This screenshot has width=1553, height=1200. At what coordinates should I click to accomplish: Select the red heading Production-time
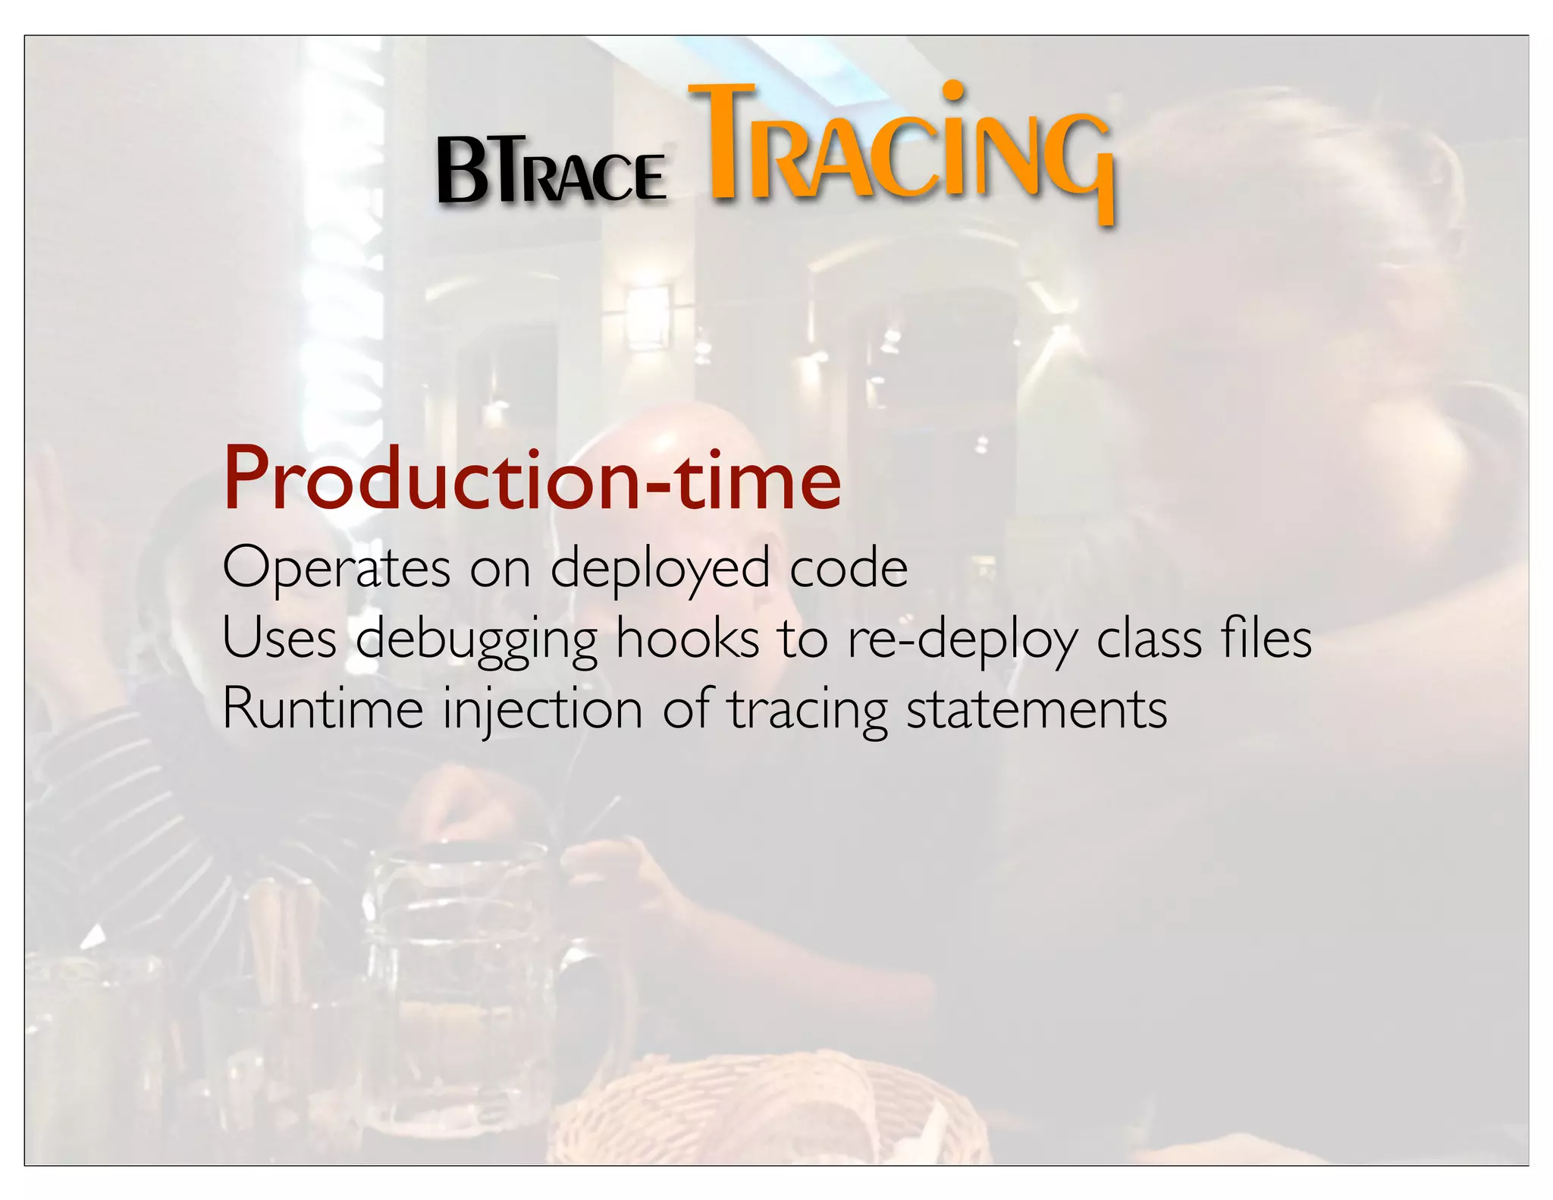pyautogui.click(x=532, y=479)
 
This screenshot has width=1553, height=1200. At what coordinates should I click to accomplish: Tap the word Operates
pyautogui.click(x=337, y=569)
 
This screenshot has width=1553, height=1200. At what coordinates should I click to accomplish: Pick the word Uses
pyautogui.click(x=279, y=638)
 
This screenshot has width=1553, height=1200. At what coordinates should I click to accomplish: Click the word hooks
pyautogui.click(x=687, y=638)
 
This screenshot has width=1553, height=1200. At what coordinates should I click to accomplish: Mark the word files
pyautogui.click(x=1266, y=638)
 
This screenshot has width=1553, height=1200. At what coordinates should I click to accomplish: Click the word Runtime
pyautogui.click(x=323, y=708)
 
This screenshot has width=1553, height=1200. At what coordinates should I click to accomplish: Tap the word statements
pyautogui.click(x=1037, y=710)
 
